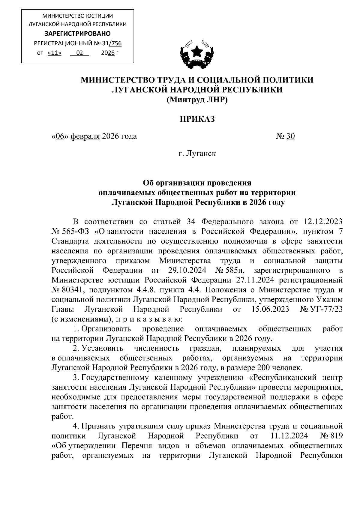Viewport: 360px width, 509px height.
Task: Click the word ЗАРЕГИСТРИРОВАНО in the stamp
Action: (77, 33)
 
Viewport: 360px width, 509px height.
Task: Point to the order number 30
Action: (290, 136)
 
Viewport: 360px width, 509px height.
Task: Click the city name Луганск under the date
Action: (201, 154)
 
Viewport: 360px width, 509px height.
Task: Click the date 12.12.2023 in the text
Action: (323, 222)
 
